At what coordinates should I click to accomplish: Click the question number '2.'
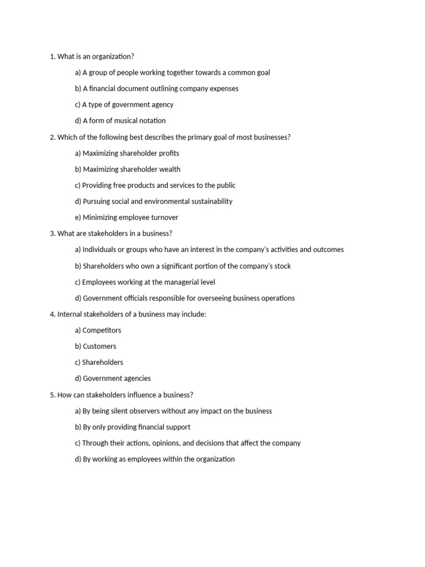pos(53,137)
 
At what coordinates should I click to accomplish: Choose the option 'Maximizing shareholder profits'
pos(127,153)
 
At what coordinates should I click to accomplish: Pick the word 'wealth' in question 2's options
pos(169,169)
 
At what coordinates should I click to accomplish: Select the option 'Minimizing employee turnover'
pos(126,218)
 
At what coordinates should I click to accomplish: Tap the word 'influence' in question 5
pos(126,395)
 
